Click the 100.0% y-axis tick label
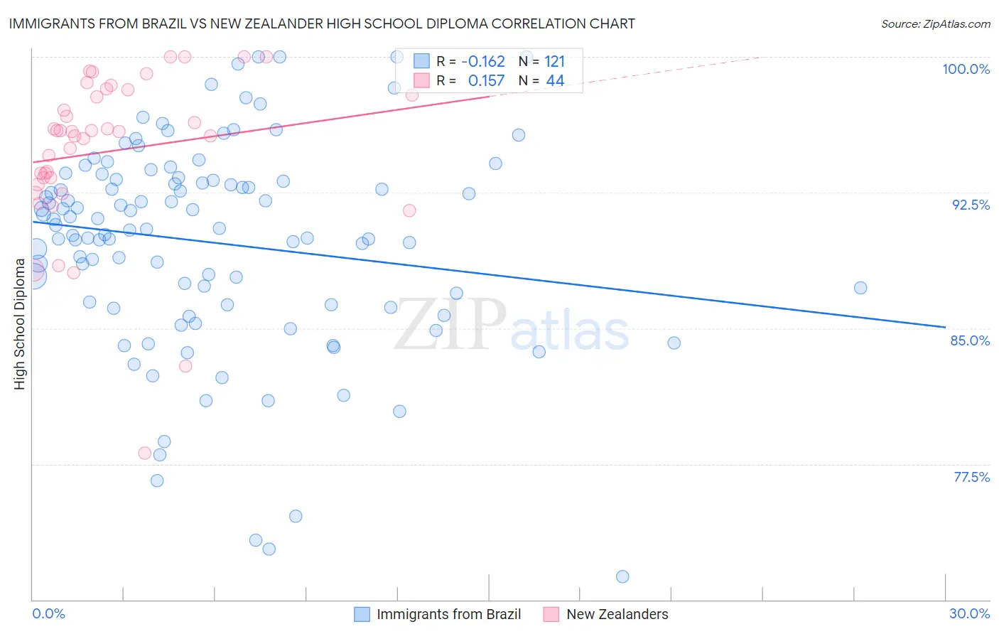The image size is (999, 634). coord(966,69)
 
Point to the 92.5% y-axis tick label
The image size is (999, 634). coord(971,205)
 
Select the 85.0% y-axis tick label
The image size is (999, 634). coord(970,340)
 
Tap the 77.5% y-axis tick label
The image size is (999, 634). coord(971,477)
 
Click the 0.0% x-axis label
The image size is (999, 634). coord(48,613)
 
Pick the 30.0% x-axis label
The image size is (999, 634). coord(969,613)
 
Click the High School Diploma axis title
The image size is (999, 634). coord(19,324)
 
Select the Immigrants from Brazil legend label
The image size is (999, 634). coord(448,614)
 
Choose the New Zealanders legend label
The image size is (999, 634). coord(617,614)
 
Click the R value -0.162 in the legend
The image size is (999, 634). coord(482,62)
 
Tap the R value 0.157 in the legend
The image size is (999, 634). coord(486,81)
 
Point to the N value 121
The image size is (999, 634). coord(554,62)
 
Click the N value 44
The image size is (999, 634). coord(555,81)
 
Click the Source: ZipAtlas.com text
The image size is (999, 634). coord(935,24)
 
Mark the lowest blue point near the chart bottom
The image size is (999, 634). coord(622,576)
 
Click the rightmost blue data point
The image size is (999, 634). coord(860,288)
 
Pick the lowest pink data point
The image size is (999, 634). coord(144,453)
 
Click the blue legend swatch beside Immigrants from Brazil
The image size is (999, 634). coord(362,614)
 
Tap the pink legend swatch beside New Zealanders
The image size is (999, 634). coord(551,614)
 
